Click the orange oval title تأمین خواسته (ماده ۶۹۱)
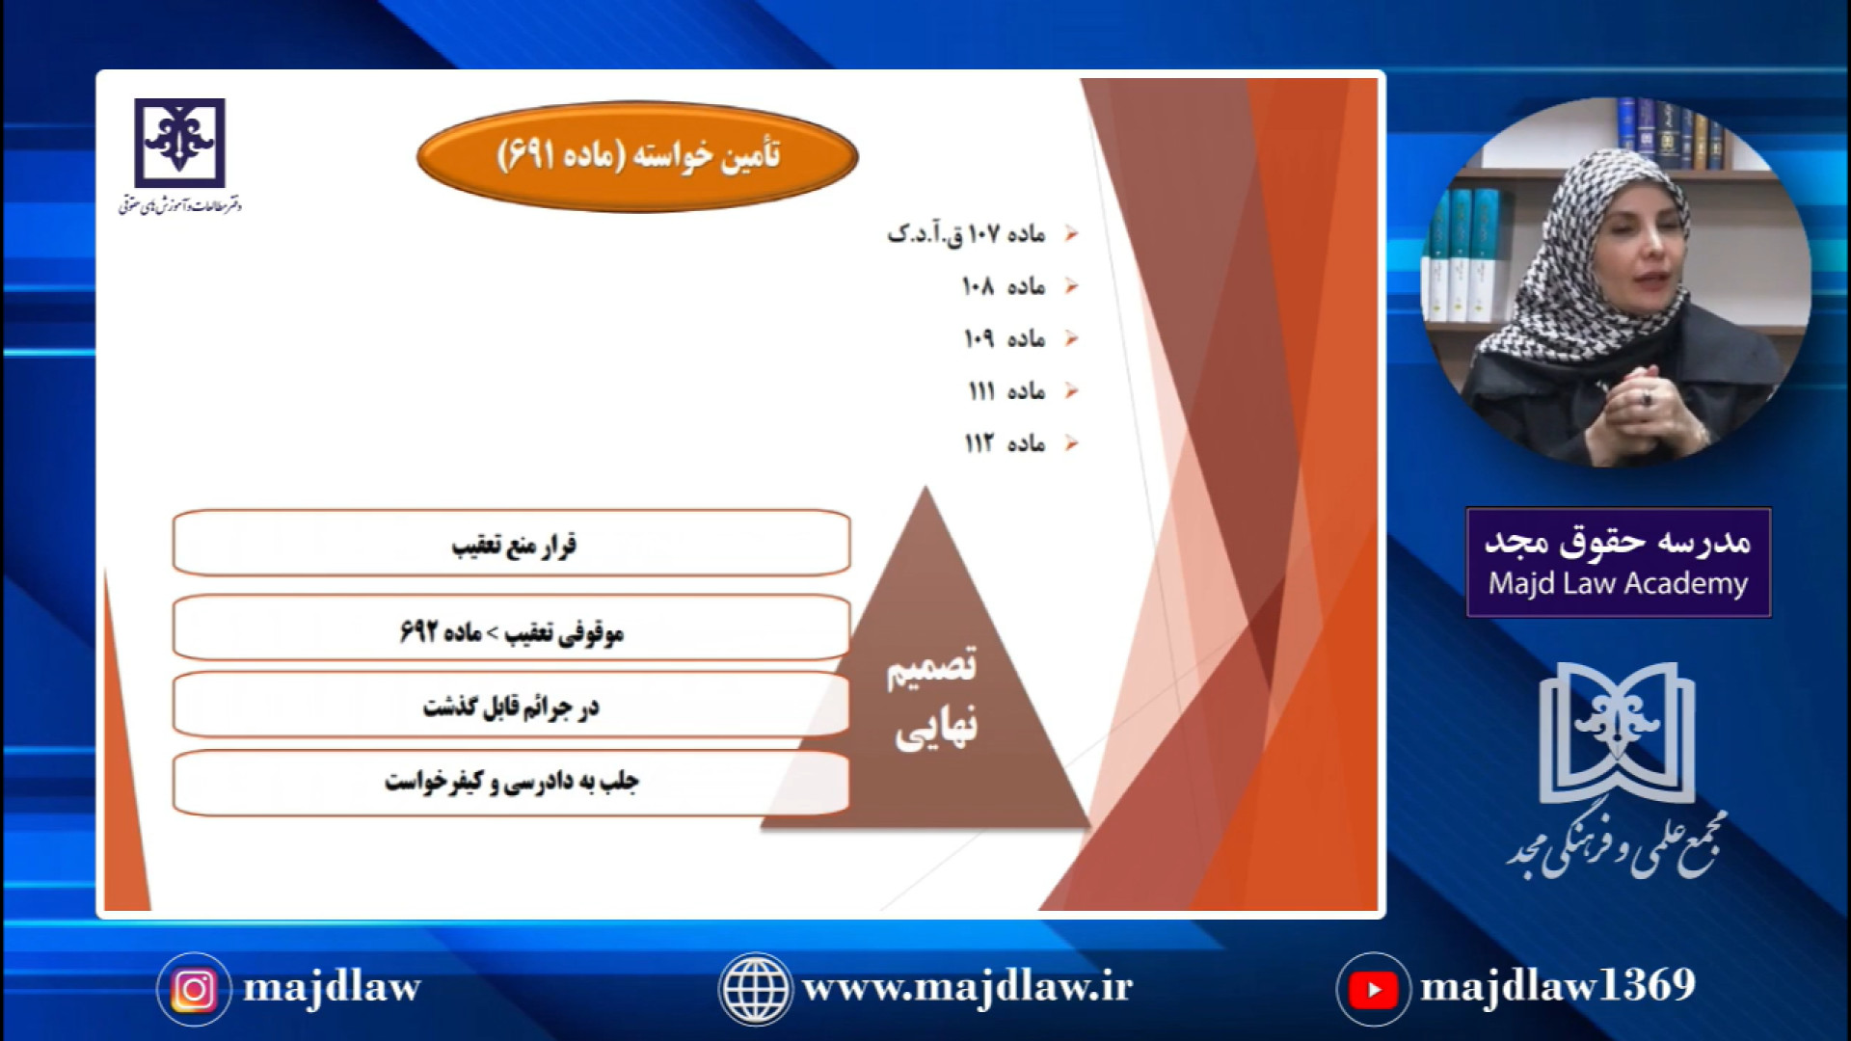(x=637, y=156)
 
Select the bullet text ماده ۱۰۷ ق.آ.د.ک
(x=966, y=234)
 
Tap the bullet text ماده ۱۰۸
(x=1004, y=286)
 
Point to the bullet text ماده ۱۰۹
(x=1005, y=338)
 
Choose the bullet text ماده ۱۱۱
(x=1006, y=390)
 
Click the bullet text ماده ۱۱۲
(x=1005, y=442)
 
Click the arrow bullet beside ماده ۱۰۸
(x=1071, y=286)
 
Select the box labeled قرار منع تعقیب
(x=511, y=544)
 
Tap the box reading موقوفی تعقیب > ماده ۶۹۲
(x=511, y=628)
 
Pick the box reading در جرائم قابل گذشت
(x=511, y=706)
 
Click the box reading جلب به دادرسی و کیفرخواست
(x=511, y=783)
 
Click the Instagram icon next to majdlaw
(x=194, y=989)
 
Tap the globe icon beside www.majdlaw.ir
(x=755, y=989)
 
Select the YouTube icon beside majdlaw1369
(x=1374, y=989)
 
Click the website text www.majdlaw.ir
(x=967, y=988)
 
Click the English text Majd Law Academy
(x=1618, y=584)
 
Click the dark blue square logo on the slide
(x=179, y=143)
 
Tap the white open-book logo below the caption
(x=1618, y=733)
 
